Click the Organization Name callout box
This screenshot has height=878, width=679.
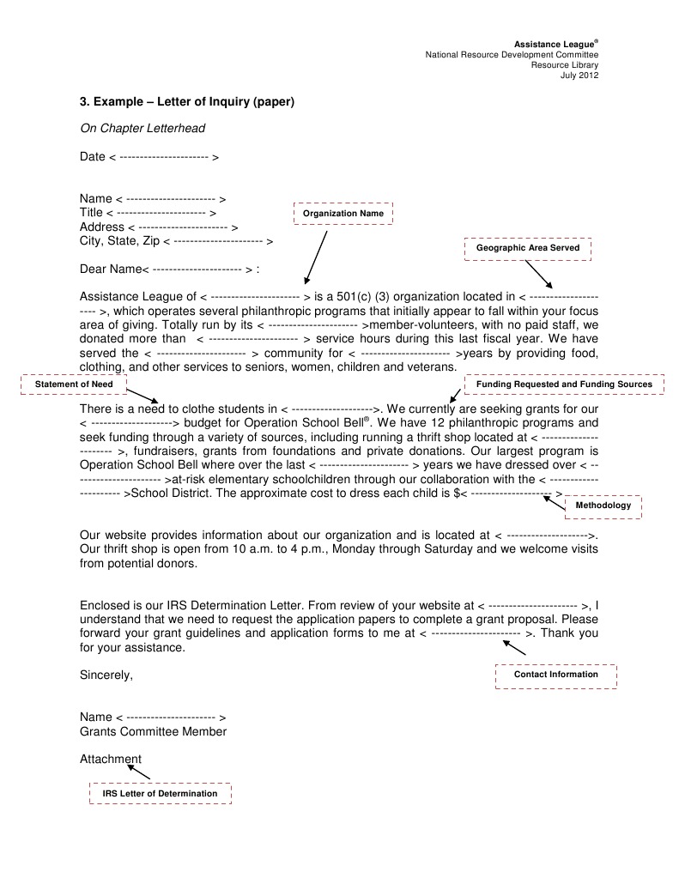(343, 213)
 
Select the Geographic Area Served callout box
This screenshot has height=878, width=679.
(528, 248)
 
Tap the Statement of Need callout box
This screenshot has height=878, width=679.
(74, 385)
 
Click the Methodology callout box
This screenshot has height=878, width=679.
(603, 506)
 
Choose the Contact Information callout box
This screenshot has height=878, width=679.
(555, 675)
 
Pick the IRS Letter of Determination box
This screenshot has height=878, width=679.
(161, 794)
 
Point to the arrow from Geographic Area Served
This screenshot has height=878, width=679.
(538, 274)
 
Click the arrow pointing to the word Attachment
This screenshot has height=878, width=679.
(139, 772)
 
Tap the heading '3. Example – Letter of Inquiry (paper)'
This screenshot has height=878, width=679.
(187, 102)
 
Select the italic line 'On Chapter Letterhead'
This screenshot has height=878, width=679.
(142, 129)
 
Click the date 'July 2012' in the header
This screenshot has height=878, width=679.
(579, 76)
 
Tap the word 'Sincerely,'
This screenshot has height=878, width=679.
(106, 675)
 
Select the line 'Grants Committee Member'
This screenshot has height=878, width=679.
(154, 732)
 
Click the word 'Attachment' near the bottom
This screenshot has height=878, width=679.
(111, 759)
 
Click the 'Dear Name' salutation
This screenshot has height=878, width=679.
(110, 269)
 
